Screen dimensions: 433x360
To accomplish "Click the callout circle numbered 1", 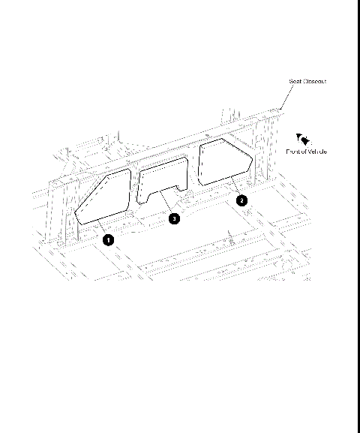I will (x=109, y=239).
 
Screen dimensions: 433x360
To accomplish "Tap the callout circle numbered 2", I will (x=241, y=200).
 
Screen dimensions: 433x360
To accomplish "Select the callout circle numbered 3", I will (x=174, y=219).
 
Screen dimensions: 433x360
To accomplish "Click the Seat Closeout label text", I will (x=307, y=81).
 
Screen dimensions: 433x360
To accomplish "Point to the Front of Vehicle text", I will (x=306, y=152).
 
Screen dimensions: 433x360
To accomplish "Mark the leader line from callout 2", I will (x=235, y=190).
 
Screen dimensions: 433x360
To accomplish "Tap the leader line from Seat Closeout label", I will (x=284, y=98).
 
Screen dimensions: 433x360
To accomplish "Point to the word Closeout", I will (x=313, y=81).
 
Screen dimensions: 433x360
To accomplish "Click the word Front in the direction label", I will (x=292, y=152).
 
